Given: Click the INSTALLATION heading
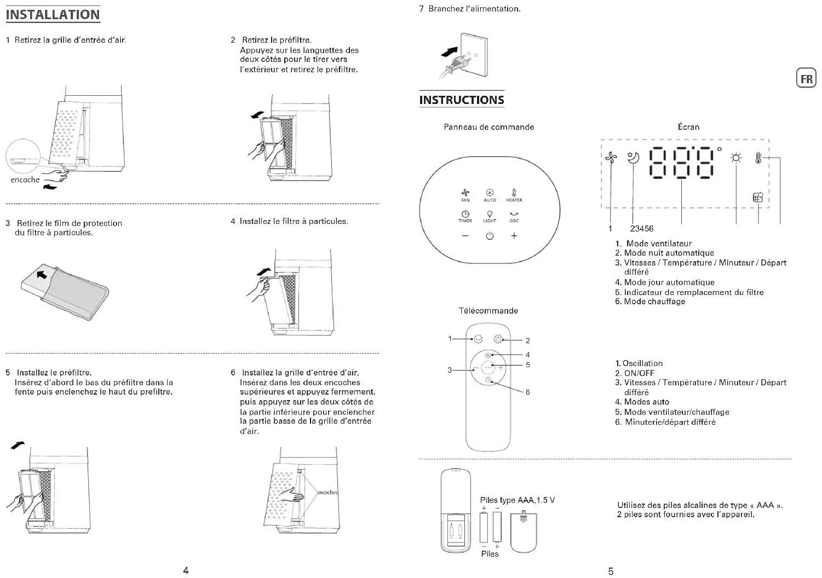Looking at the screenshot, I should coord(53,15).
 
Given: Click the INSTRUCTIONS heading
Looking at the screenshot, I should coord(461,100).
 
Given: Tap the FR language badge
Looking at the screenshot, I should coord(806,79).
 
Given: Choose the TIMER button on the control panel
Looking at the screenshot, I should coord(465,216).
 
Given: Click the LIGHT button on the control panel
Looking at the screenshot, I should coord(490,216).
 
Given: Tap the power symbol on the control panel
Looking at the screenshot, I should coord(490,236).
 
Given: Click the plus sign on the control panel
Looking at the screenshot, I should coord(514,236).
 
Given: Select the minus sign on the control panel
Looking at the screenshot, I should coord(465,236).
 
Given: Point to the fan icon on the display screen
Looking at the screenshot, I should coord(611,159).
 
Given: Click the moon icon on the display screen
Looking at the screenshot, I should coord(633,158).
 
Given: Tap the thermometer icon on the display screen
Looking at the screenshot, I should coord(758,158).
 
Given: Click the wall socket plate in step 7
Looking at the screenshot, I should coord(473,55).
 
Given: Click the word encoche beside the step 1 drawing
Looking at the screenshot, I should coord(25,180).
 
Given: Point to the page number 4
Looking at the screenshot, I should coord(186,570).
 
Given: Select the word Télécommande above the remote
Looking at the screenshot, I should coord(488,311).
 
